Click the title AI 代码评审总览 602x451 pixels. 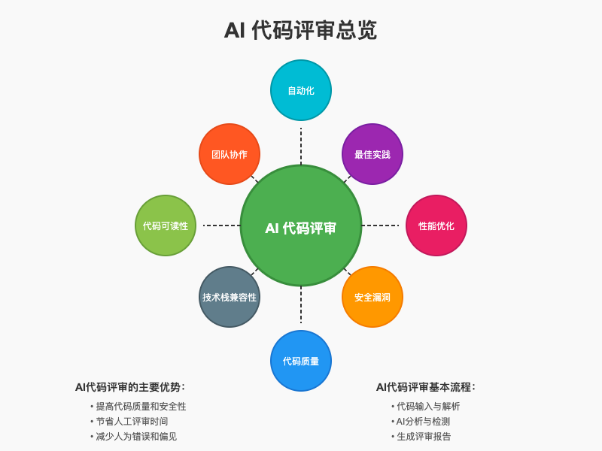[x=300, y=30]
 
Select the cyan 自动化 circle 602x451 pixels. [x=301, y=90]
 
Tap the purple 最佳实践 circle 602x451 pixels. [x=372, y=154]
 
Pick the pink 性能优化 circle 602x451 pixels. [x=436, y=225]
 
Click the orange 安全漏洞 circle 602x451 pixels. [x=372, y=297]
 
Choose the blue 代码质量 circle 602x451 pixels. [x=301, y=361]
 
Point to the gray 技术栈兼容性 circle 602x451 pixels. [x=230, y=297]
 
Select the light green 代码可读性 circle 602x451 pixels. [x=166, y=225]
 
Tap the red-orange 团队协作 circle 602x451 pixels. [x=230, y=154]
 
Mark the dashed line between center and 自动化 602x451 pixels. [x=301, y=146]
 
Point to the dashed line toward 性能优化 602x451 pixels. [x=380, y=225]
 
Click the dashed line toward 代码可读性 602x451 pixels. [x=221, y=225]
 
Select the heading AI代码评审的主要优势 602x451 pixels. [x=130, y=387]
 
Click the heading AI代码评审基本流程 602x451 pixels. [x=426, y=387]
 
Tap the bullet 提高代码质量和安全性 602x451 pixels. [x=141, y=407]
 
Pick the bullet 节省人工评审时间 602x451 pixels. [x=132, y=422]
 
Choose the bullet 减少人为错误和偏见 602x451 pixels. [x=136, y=437]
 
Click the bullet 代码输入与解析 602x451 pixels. [x=428, y=407]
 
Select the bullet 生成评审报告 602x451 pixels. [x=424, y=437]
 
